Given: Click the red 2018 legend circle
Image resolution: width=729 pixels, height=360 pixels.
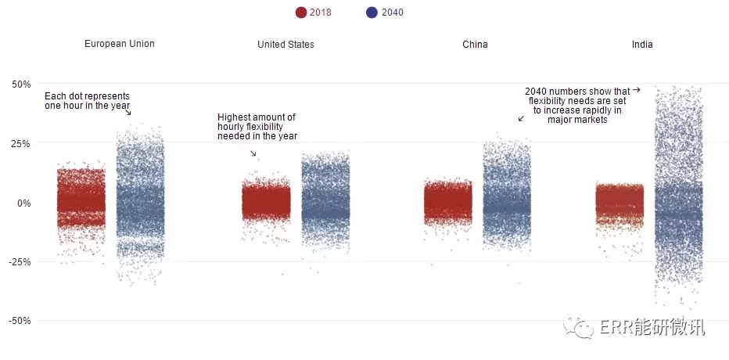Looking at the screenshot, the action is point(301,13).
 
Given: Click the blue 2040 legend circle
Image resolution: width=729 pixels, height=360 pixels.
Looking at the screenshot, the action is point(372,13).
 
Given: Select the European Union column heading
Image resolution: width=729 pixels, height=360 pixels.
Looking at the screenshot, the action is point(120,44).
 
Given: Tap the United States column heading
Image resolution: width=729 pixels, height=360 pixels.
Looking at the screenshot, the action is point(286,45).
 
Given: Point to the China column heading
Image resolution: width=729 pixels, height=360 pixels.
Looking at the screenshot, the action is point(475,45).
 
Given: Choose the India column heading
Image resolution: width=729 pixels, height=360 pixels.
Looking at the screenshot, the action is point(642,45).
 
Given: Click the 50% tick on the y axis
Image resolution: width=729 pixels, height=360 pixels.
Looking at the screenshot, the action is point(21,85).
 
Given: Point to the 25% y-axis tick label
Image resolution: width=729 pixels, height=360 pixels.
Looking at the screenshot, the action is point(21,143).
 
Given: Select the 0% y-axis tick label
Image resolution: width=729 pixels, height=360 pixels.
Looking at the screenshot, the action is point(24,203).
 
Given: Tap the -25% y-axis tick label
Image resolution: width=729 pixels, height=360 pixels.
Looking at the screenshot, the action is point(20,262).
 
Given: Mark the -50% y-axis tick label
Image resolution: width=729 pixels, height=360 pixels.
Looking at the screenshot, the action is point(20,321).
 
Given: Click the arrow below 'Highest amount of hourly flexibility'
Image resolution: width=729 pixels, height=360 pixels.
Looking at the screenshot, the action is point(253,153).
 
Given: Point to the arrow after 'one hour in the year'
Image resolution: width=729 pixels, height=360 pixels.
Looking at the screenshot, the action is point(127,112).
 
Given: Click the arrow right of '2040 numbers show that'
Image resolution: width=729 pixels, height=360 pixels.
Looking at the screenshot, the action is point(637,90).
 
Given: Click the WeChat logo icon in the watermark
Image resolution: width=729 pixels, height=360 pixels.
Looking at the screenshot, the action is point(579,327).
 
